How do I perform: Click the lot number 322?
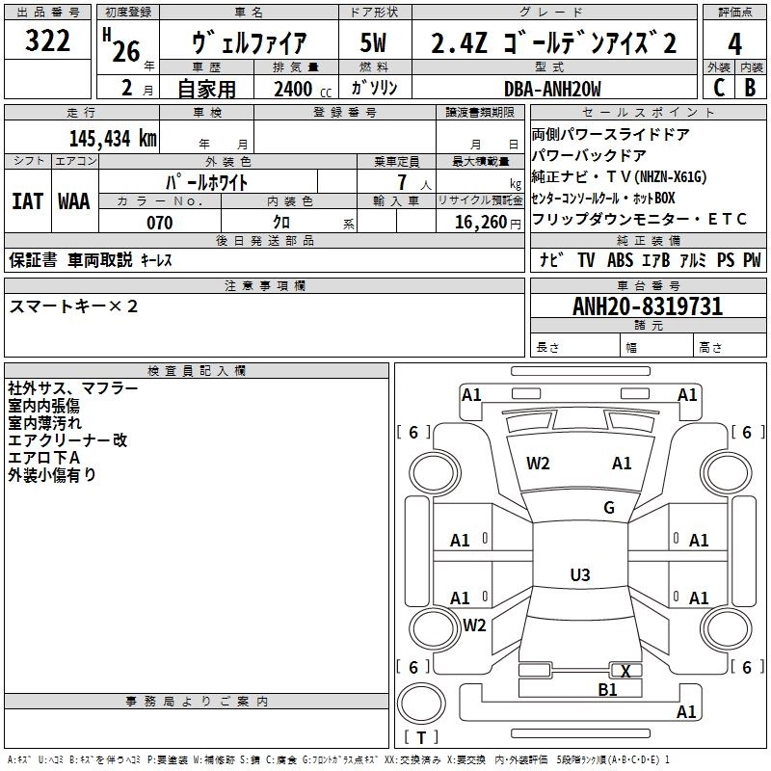[x=47, y=40]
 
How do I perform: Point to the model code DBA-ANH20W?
[x=552, y=89]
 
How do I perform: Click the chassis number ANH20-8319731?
[x=647, y=307]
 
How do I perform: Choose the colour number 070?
[x=159, y=223]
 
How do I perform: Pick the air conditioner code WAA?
[x=74, y=201]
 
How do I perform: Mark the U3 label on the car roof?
[x=579, y=575]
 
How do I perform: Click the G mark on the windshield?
[x=609, y=508]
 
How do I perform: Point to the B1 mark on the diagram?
[x=607, y=689]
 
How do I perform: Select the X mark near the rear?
[x=626, y=671]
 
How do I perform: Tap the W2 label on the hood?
[x=538, y=464]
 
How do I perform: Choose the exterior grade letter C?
[x=718, y=89]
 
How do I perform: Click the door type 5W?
[x=373, y=43]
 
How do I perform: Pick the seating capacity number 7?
[x=400, y=182]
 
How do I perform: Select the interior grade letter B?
[x=750, y=89]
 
